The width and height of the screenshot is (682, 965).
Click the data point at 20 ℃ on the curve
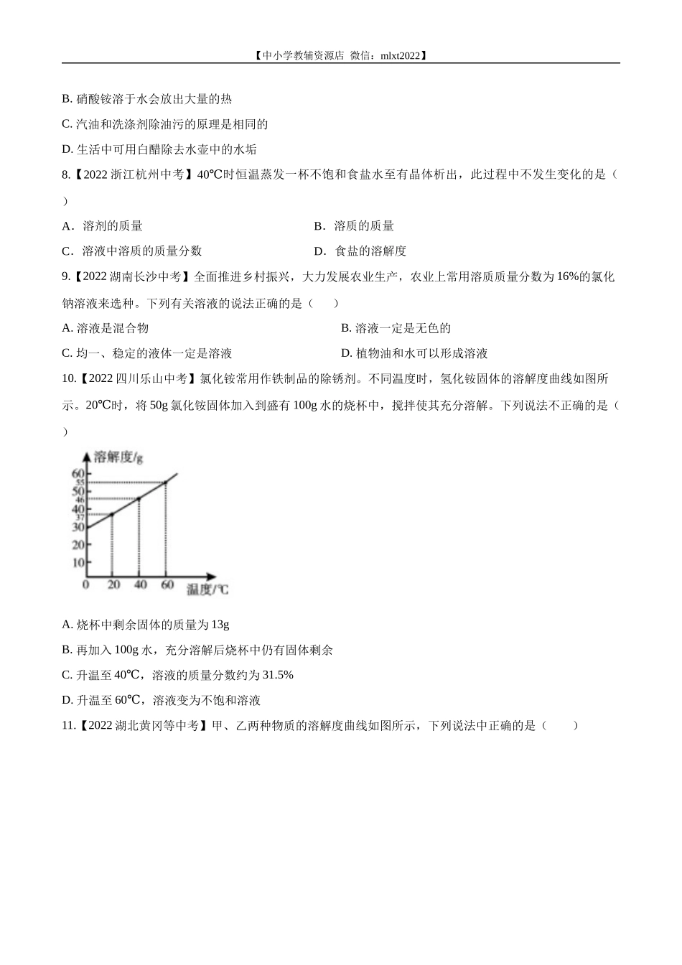112,514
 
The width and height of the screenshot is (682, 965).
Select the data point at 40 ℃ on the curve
139,498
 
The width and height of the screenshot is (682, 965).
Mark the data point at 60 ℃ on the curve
166,482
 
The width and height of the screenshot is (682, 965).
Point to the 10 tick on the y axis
78,562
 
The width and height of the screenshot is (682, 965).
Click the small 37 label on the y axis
80,517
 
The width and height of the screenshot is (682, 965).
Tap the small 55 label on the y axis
80,482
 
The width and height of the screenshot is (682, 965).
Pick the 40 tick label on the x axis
140,585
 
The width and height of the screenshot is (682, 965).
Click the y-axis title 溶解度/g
118,457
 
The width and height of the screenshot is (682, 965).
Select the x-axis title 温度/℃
207,590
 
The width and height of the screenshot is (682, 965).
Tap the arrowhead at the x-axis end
212,576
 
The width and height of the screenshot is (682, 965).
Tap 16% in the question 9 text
567,277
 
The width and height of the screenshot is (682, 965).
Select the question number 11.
68,726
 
